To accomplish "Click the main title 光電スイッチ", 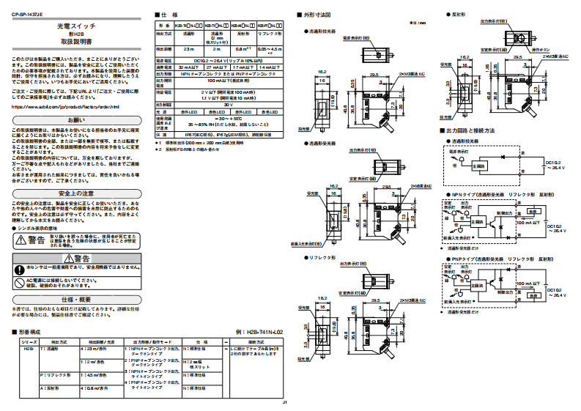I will pos(76,26).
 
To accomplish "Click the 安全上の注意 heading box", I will pos(76,193).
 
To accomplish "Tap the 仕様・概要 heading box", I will pos(76,300).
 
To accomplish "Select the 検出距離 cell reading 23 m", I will pos(188,48).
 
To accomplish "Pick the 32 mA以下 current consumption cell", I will pos(188,67).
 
